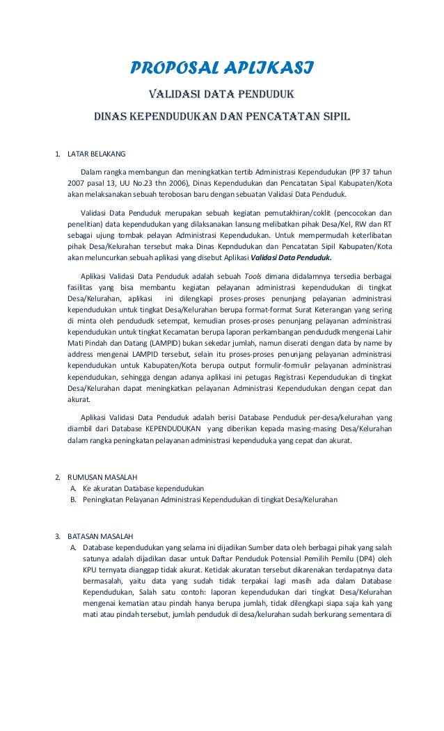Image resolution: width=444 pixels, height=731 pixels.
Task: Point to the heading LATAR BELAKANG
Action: click(x=96, y=154)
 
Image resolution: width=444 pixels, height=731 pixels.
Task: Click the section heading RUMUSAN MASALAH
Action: click(x=102, y=477)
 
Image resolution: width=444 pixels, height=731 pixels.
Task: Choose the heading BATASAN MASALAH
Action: click(x=101, y=536)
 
